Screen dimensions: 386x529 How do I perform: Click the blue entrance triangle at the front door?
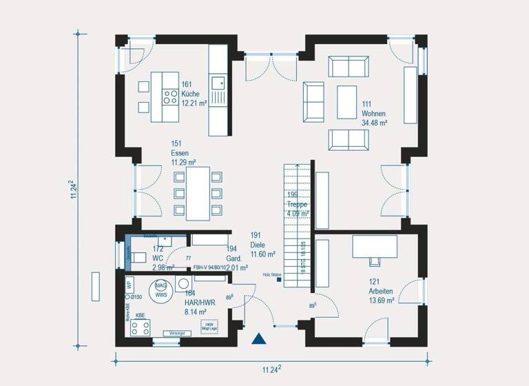pos(258,338)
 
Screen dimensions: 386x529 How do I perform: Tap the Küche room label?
pos(190,94)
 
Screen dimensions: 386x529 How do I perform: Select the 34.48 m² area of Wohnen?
pos(374,123)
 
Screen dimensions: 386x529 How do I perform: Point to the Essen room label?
pos(180,153)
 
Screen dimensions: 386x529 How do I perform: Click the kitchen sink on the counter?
pos(219,83)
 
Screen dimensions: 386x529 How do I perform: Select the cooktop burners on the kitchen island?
pos(169,96)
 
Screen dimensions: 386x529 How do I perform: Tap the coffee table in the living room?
pos(346,102)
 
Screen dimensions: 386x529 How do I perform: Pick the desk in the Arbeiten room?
pos(375,246)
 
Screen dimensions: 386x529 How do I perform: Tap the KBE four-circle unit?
pos(141,327)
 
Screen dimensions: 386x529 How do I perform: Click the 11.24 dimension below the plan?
pos(271,369)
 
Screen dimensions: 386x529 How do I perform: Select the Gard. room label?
pos(236,258)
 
